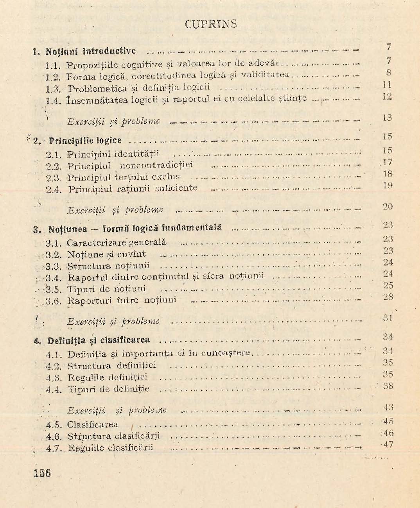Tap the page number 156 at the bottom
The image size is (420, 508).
pos(42,473)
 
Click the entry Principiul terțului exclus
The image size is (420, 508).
pos(124,177)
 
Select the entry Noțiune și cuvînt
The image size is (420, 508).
pos(106,255)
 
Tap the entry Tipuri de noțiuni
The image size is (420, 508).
pos(106,289)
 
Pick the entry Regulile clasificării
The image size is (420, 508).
pos(111,448)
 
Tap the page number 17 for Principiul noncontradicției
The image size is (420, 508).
pos(387,162)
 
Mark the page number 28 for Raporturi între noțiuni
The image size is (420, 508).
pos(388,297)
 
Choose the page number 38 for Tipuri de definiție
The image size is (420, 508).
pos(388,386)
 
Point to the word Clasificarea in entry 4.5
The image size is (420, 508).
pos(93,425)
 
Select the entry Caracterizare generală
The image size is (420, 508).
pos(117,243)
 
